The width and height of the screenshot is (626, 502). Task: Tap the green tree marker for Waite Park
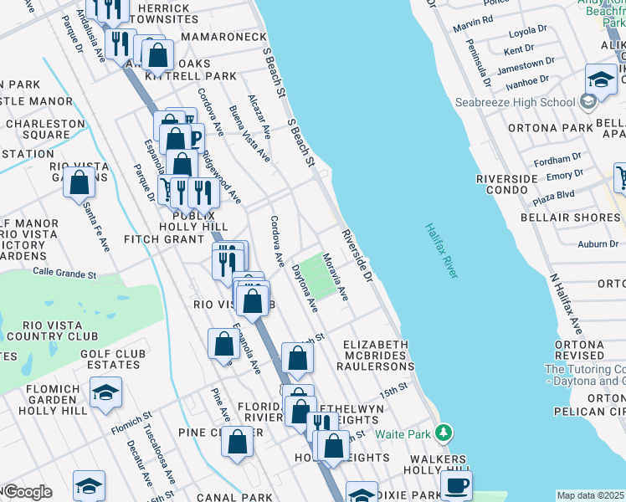(x=444, y=433)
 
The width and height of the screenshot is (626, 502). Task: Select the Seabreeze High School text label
(x=515, y=102)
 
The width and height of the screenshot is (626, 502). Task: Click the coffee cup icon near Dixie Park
(x=456, y=486)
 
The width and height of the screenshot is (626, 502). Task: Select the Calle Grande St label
(x=64, y=272)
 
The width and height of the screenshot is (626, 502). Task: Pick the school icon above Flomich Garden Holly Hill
(x=106, y=392)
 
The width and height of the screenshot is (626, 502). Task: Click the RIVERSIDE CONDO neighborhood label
(x=506, y=185)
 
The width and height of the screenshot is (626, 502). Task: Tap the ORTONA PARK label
(x=536, y=128)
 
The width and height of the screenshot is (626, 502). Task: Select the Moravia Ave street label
(x=336, y=279)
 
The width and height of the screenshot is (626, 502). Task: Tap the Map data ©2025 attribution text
(x=590, y=495)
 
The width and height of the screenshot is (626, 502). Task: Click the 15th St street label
(x=393, y=390)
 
